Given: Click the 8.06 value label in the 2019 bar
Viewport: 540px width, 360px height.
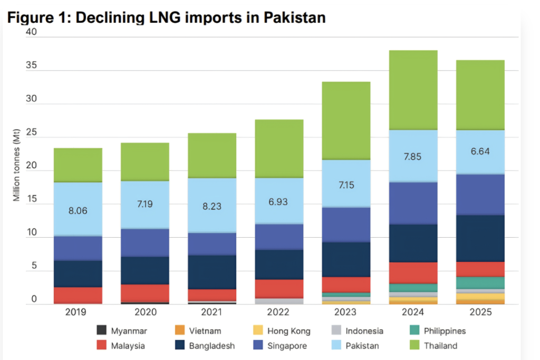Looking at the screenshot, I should (78, 210).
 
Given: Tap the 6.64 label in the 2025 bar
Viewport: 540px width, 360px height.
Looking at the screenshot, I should (480, 151).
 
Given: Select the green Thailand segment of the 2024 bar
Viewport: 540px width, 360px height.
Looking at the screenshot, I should (413, 90).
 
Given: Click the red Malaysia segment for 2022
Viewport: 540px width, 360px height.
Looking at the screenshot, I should (279, 288).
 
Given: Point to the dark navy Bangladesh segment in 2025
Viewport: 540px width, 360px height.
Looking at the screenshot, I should (480, 238).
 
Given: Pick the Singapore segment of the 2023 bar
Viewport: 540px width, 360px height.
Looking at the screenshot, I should (346, 225).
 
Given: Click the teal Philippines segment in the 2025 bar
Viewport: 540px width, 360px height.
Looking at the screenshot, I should (480, 283).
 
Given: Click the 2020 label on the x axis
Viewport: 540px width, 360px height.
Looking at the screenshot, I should (145, 312).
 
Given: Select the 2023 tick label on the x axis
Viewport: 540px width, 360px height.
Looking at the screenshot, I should (346, 312).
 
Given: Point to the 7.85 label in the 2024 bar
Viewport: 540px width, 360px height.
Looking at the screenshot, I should (413, 157).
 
